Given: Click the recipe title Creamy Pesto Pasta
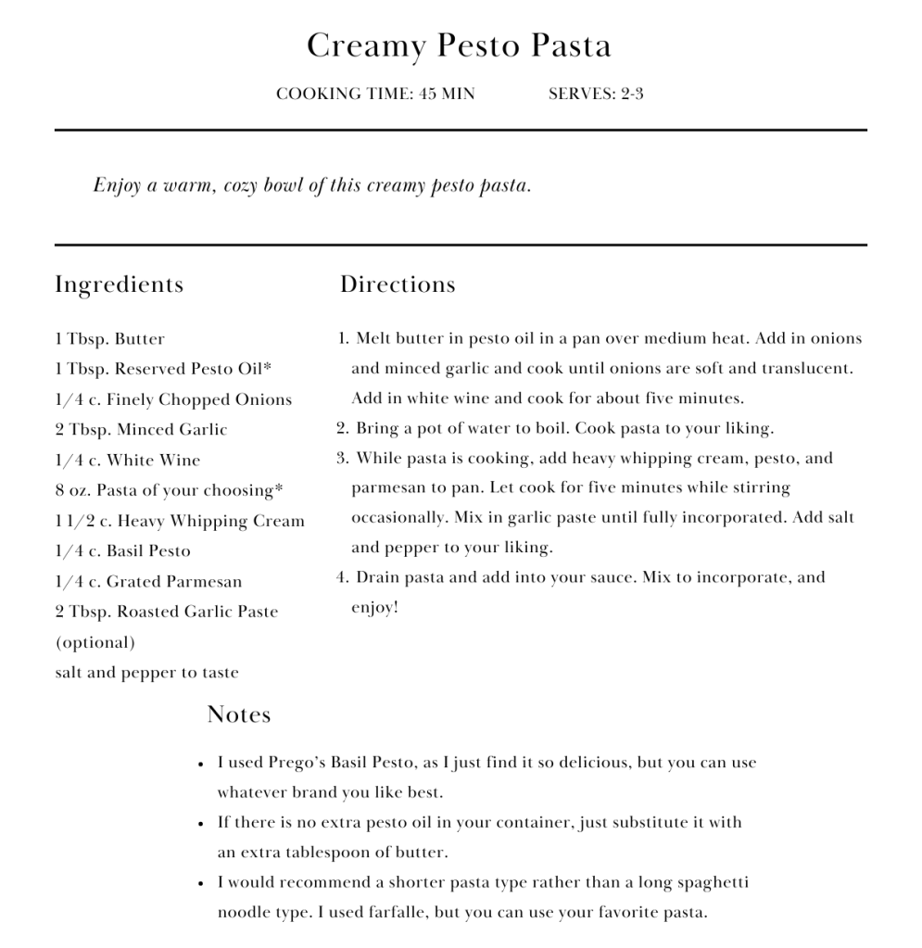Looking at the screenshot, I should pos(459,45).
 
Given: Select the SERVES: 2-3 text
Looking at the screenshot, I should pos(596,94).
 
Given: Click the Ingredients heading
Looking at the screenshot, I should pos(119,284).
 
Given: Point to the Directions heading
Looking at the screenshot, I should pos(398,284).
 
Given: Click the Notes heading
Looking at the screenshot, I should pos(239,714).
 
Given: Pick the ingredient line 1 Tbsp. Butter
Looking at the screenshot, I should pos(109,339).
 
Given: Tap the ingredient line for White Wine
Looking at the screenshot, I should pos(127,461).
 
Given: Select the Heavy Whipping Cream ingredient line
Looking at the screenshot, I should pos(180,521).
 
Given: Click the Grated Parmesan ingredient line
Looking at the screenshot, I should pos(148,582).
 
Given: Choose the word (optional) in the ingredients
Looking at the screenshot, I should pos(95,642).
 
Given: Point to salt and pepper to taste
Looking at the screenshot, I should pos(146,673).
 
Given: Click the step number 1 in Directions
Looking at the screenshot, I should pos(343,338).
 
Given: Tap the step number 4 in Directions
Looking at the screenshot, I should pos(342,577).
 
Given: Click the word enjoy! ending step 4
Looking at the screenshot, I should pos(374,608).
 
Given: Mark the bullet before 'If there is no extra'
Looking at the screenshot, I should pos(201,823).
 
